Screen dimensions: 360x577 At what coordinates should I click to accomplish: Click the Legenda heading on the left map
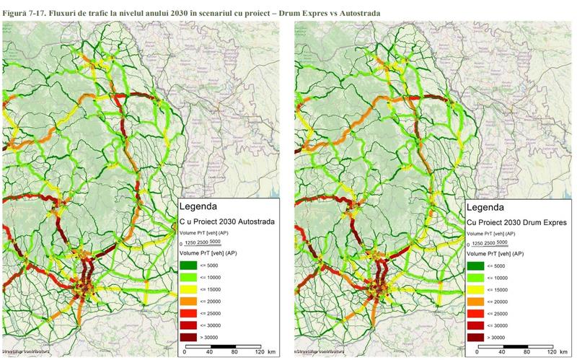(203, 206)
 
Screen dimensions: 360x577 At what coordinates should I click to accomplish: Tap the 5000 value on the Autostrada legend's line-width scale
(215, 242)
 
